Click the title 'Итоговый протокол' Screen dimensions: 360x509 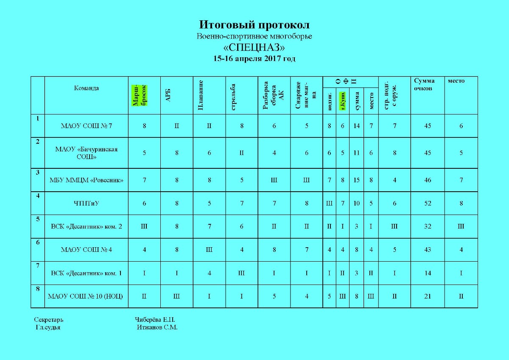(254, 25)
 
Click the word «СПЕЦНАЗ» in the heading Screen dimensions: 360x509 (254, 47)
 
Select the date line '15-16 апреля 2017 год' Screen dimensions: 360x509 (254, 59)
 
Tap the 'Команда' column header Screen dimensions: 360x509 (87, 88)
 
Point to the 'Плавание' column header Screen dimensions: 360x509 (201, 95)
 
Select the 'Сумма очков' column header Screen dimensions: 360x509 (424, 85)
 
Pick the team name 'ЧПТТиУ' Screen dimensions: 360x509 (87, 204)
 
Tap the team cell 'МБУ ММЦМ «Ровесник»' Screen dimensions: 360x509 (87, 180)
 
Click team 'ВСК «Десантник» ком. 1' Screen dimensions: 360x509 (86, 273)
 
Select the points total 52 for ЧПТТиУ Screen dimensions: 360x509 (428, 204)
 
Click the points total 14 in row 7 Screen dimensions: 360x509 (428, 273)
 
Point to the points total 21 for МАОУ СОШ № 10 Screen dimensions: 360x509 (428, 296)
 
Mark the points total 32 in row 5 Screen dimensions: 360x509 (428, 226)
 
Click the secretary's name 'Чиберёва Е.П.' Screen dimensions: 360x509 (155, 320)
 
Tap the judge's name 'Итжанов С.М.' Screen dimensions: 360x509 (157, 327)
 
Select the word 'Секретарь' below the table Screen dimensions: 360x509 (49, 320)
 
